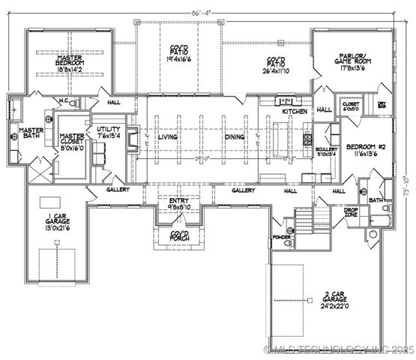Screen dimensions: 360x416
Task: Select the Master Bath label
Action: coord(31,134)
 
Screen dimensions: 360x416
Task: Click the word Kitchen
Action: coord(294,111)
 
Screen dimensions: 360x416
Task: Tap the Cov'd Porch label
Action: coord(180,235)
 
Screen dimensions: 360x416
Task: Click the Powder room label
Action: coord(282,237)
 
